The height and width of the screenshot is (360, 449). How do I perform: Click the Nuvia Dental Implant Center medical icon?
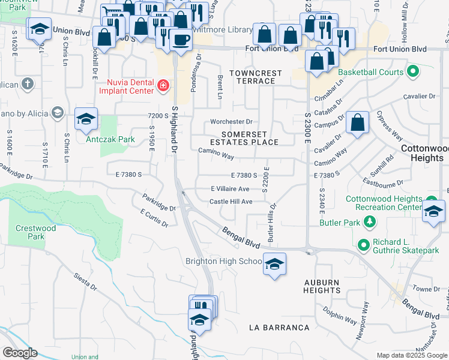pos(161,87)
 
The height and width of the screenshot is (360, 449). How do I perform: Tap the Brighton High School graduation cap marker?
pos(274,264)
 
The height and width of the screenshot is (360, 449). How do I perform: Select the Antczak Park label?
pos(101,139)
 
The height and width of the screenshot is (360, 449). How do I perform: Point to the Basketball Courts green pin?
pos(412,73)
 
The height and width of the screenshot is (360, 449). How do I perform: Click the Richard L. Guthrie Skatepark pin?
pos(363,245)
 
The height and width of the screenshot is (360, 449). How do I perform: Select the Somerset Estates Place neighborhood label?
pos(250,138)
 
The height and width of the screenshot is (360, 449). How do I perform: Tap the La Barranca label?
pos(280,328)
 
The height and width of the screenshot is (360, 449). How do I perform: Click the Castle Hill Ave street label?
pos(231,202)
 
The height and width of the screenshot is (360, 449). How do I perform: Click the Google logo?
pos(20,353)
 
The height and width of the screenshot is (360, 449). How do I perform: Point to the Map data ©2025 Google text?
pos(411,355)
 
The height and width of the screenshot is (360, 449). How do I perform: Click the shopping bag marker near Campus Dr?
pos(357,123)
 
